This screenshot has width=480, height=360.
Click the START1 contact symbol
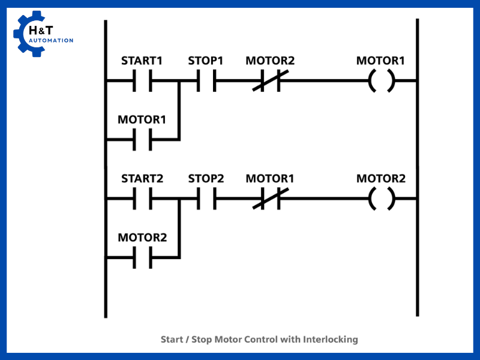(142, 80)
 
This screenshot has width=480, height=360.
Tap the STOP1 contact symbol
(206, 80)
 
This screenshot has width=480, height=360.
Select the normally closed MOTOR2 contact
(270, 80)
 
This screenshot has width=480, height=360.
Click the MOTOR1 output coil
(381, 80)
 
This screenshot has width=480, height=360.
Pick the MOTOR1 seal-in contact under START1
(142, 139)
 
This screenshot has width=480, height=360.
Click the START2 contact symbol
(142, 198)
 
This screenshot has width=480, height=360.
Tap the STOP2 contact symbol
(206, 198)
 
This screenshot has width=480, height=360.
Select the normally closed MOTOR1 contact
(270, 198)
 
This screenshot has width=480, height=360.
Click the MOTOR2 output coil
(381, 198)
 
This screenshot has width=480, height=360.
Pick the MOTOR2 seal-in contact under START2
(142, 257)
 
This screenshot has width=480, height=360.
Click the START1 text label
(142, 61)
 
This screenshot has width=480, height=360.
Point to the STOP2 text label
(206, 179)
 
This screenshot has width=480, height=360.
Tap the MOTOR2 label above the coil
(381, 179)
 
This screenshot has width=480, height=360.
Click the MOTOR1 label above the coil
(381, 61)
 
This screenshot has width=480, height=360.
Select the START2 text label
(142, 179)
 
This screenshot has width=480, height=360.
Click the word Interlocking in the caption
(330, 340)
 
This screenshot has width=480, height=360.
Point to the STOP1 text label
(206, 61)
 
